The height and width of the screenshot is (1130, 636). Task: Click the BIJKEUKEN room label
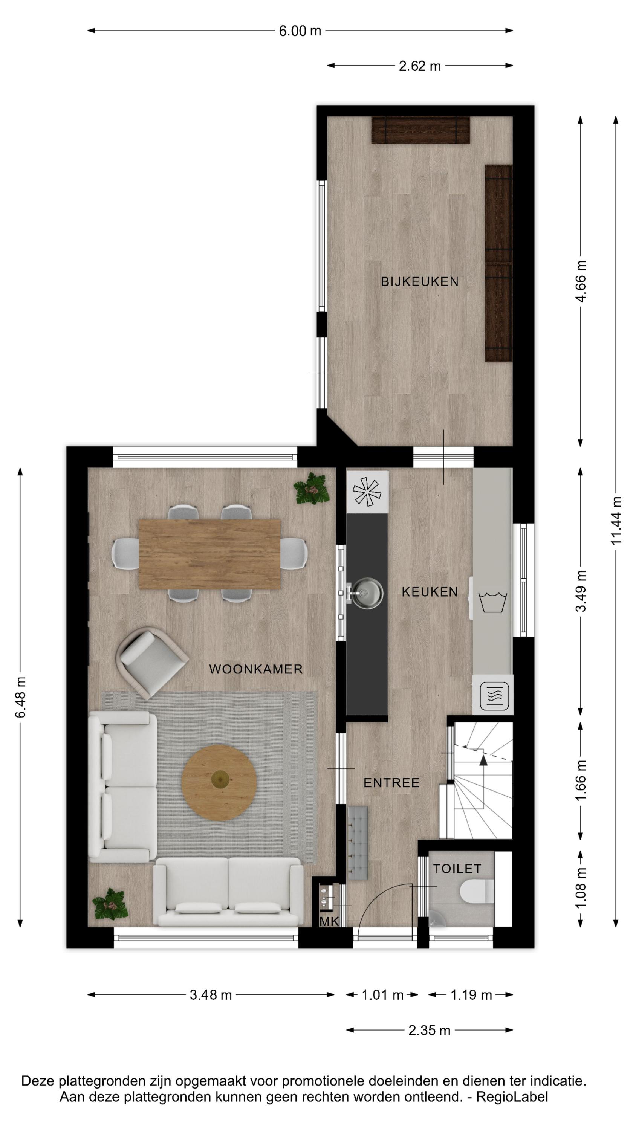click(x=420, y=282)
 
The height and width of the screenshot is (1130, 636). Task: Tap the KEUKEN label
click(x=430, y=592)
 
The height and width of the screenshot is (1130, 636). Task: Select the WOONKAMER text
click(x=256, y=669)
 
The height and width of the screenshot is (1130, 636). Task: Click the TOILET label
click(x=457, y=868)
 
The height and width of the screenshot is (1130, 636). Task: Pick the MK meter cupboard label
click(x=329, y=922)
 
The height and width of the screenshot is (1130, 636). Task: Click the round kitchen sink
click(x=368, y=594)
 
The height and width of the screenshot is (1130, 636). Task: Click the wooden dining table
click(x=209, y=554)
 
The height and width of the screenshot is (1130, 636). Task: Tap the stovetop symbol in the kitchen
click(x=368, y=491)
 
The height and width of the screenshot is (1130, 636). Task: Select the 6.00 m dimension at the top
click(x=300, y=31)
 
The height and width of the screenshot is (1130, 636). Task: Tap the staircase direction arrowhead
click(x=483, y=760)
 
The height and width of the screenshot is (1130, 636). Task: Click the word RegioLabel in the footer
click(x=512, y=1096)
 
